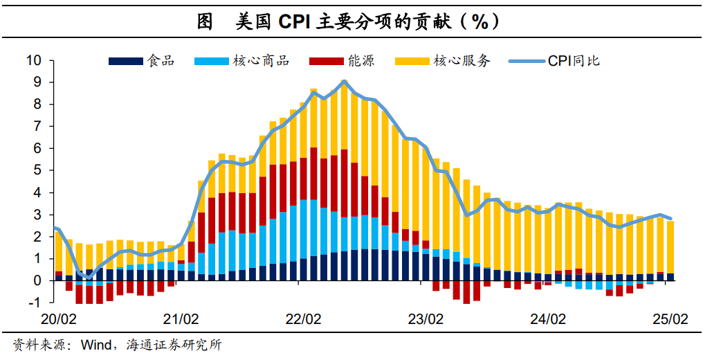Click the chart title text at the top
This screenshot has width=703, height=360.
[x=351, y=21]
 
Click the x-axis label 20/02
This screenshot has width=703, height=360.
[x=58, y=320]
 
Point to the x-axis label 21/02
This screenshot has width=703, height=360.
[x=181, y=320]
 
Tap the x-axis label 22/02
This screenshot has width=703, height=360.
[x=303, y=320]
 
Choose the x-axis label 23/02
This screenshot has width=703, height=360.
[x=426, y=320]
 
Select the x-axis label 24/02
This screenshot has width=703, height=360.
[x=548, y=320]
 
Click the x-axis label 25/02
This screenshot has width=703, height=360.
[x=670, y=320]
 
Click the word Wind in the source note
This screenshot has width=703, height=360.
[x=96, y=344]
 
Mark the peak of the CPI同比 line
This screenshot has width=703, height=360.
[x=345, y=82]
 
